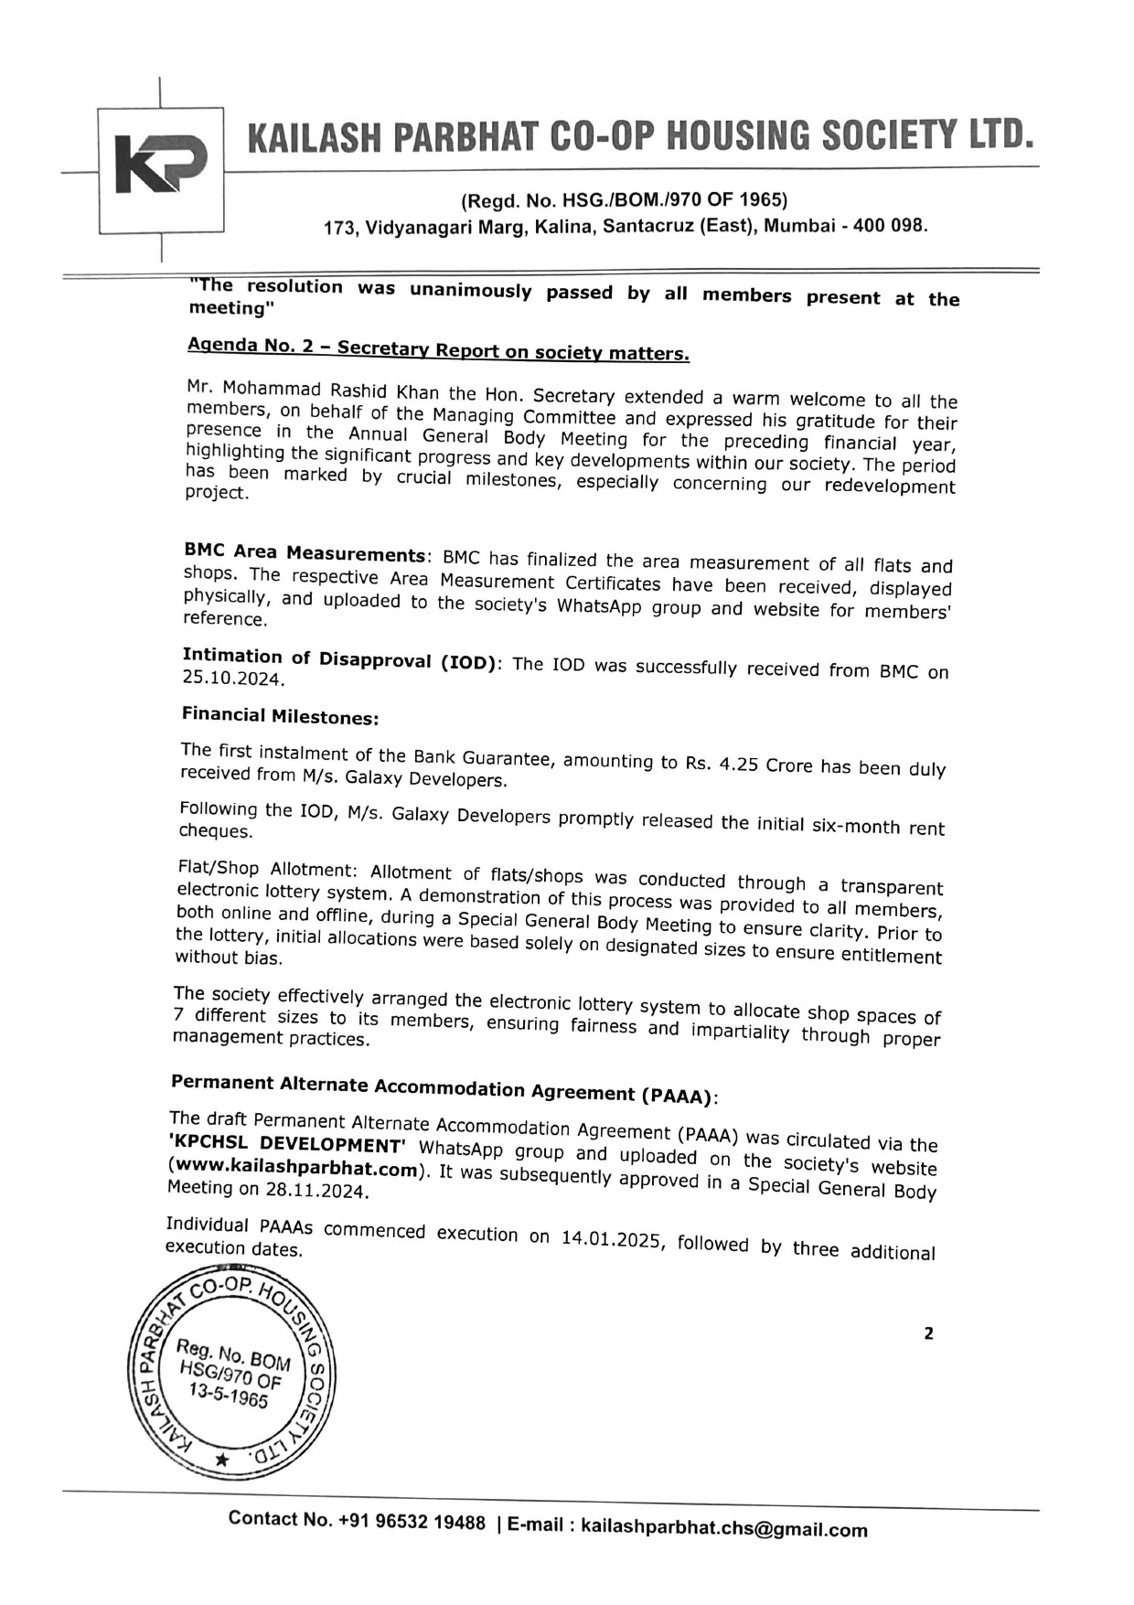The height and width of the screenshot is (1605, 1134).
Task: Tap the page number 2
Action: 928,1333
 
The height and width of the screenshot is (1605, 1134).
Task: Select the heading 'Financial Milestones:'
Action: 280,716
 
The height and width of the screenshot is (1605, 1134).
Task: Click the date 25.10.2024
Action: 232,679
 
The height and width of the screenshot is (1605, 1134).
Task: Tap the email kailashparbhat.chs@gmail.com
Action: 723,1528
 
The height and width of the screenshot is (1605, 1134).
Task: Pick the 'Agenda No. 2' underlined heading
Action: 438,348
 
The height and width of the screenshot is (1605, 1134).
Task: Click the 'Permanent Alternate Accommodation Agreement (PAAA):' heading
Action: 445,1088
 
